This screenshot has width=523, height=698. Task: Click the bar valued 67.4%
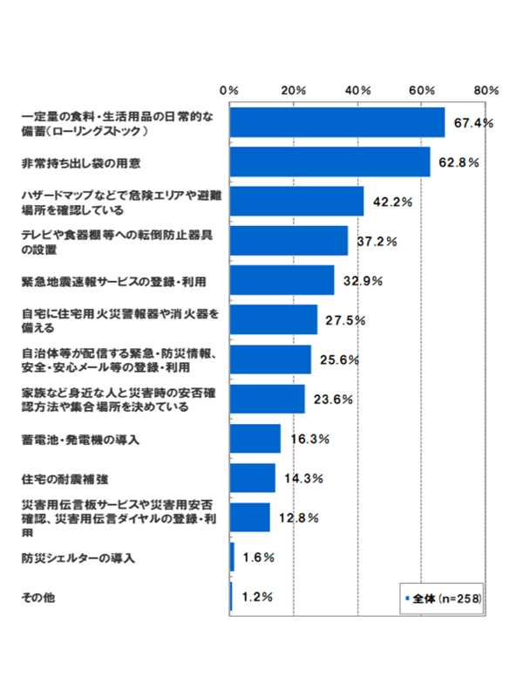pos(337,123)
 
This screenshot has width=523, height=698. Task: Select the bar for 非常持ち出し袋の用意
pos(329,162)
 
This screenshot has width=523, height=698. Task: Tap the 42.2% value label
pos(392,202)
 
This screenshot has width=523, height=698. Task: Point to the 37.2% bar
pos(289,241)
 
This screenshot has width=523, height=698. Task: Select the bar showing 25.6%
pos(270,359)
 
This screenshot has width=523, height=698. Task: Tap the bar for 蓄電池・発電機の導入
pos(255,439)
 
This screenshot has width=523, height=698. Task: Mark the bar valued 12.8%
pos(250,517)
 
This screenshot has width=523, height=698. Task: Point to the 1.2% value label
pos(257,597)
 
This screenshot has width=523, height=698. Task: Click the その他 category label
pos(38,597)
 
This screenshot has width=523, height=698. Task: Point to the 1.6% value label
pos(258,557)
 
